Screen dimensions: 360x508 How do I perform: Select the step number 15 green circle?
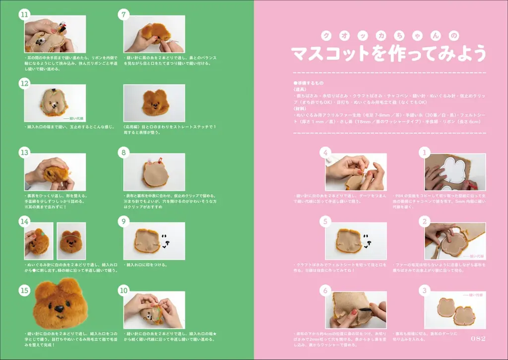[24, 291]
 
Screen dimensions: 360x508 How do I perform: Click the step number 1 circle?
[424, 152]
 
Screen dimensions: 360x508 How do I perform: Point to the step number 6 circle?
[325, 290]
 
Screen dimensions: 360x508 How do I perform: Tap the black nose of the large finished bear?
[59, 309]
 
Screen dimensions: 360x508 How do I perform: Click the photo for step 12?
[55, 103]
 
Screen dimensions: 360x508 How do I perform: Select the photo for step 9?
[154, 240]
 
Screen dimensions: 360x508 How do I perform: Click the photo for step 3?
[455, 310]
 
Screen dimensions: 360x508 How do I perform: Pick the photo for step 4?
[356, 172]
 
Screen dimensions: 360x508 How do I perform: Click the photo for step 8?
[154, 172]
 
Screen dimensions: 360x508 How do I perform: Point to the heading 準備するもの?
[310, 83]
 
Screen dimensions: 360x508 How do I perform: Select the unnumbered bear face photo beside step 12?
[154, 103]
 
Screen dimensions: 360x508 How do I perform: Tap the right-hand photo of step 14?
[71, 240]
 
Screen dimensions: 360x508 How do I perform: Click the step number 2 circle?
[424, 221]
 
